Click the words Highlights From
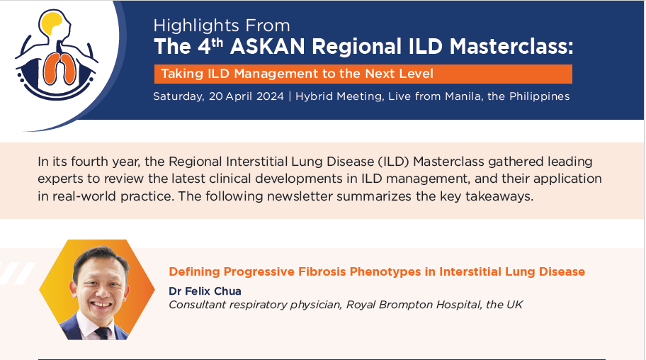[222, 26]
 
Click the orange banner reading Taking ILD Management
[363, 74]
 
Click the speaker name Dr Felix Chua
[205, 291]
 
